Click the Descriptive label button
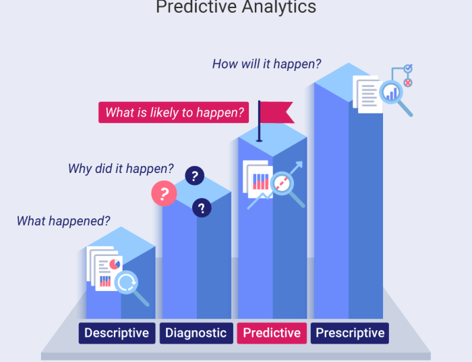117,333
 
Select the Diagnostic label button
196,333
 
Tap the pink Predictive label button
272,333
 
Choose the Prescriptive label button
350,333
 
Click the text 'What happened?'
63,221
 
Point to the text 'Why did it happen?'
121,169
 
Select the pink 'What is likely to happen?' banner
175,113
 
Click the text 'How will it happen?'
266,65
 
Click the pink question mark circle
164,195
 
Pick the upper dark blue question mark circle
195,176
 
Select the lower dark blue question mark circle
202,208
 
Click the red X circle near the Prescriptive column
407,82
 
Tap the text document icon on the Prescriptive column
368,95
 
